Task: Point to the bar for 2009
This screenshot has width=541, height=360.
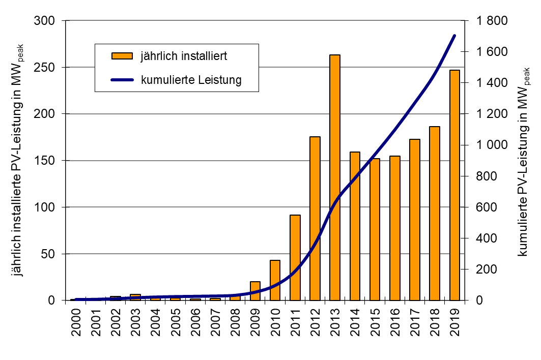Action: pyautogui.click(x=255, y=290)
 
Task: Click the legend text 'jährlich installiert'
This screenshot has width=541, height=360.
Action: pyautogui.click(x=184, y=56)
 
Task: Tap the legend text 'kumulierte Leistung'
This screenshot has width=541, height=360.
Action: pyautogui.click(x=191, y=80)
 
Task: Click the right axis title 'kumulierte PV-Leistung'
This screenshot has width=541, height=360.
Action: pyautogui.click(x=525, y=168)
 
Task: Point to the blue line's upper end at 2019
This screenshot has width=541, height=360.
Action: pyautogui.click(x=454, y=36)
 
